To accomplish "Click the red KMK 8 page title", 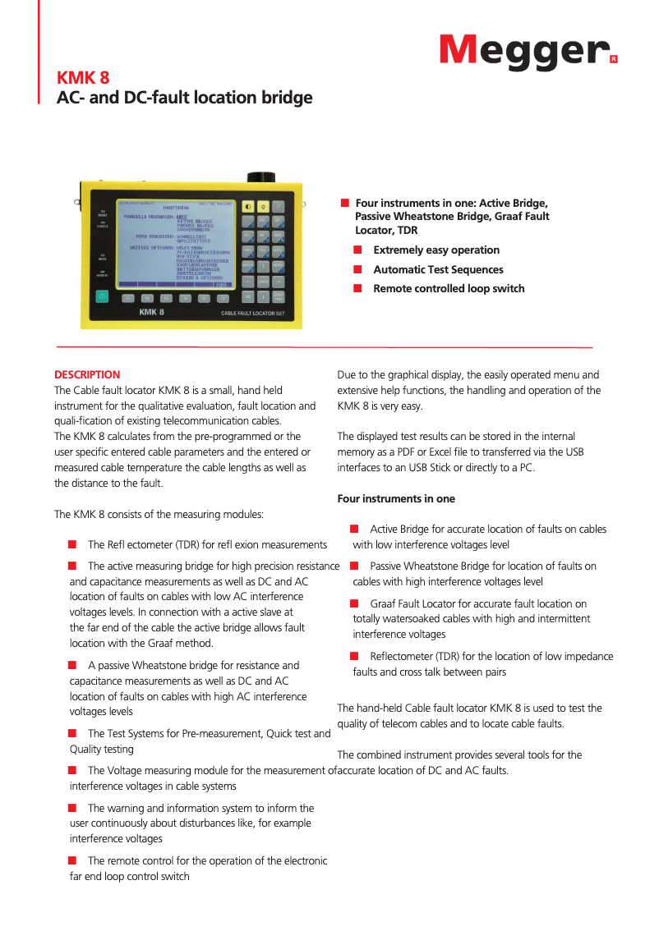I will pos(82,79).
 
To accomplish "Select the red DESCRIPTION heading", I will pos(87,374).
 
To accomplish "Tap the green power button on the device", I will pos(102,297).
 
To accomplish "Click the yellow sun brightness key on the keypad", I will pos(263,207).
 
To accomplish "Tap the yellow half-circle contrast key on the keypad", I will pos(247,207).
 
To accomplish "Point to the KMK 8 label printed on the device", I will pos(151,313).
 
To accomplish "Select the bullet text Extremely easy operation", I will pos(436,250).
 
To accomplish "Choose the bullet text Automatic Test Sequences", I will pos(438,269).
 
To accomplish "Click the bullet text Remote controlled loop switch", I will pos(449,289).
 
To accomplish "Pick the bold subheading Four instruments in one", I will pos(396,498).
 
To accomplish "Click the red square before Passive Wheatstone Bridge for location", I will pos(355,566).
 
